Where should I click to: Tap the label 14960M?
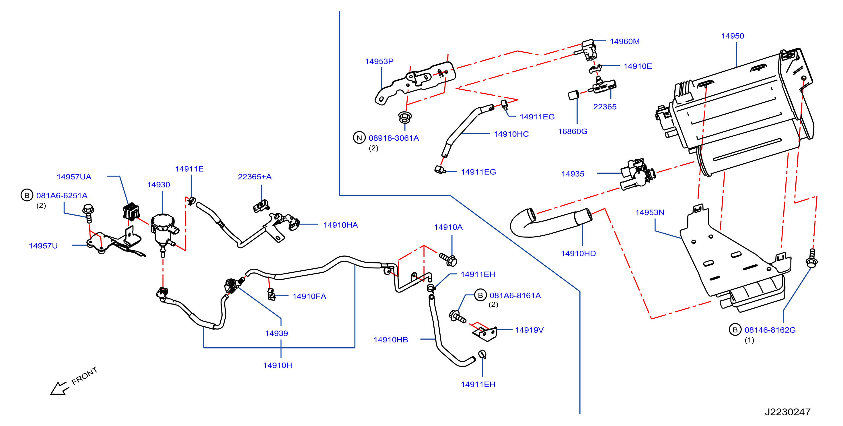(x=624, y=42)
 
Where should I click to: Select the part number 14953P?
(x=379, y=61)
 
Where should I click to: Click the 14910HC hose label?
(x=511, y=134)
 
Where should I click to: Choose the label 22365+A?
(x=255, y=177)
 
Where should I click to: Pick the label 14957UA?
(x=74, y=177)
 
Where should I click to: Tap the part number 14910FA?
(x=309, y=296)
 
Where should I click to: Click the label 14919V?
(x=529, y=330)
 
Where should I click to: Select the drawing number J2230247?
(x=787, y=412)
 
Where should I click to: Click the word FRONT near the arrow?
(x=84, y=376)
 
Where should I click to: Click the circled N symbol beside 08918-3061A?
(x=359, y=138)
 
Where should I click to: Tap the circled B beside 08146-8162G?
(x=735, y=330)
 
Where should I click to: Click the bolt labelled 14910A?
(x=448, y=259)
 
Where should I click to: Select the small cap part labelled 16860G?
(x=573, y=95)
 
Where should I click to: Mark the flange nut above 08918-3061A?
(x=405, y=117)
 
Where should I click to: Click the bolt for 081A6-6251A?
(x=88, y=214)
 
